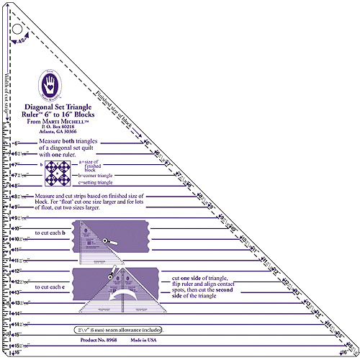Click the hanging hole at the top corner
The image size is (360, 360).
(15, 30)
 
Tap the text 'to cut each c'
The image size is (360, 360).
(50, 287)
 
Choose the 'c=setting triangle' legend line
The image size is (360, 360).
(96, 183)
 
